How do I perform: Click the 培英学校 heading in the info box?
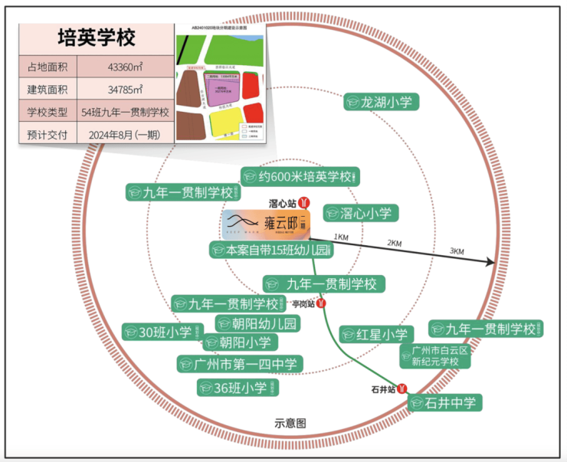tap(97, 38)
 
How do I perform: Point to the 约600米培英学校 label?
tap(300, 177)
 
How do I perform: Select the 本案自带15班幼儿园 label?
tap(272, 250)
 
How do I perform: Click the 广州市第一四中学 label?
tap(239, 363)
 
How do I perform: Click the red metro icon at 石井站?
tap(403, 389)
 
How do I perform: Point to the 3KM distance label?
tap(457, 252)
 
